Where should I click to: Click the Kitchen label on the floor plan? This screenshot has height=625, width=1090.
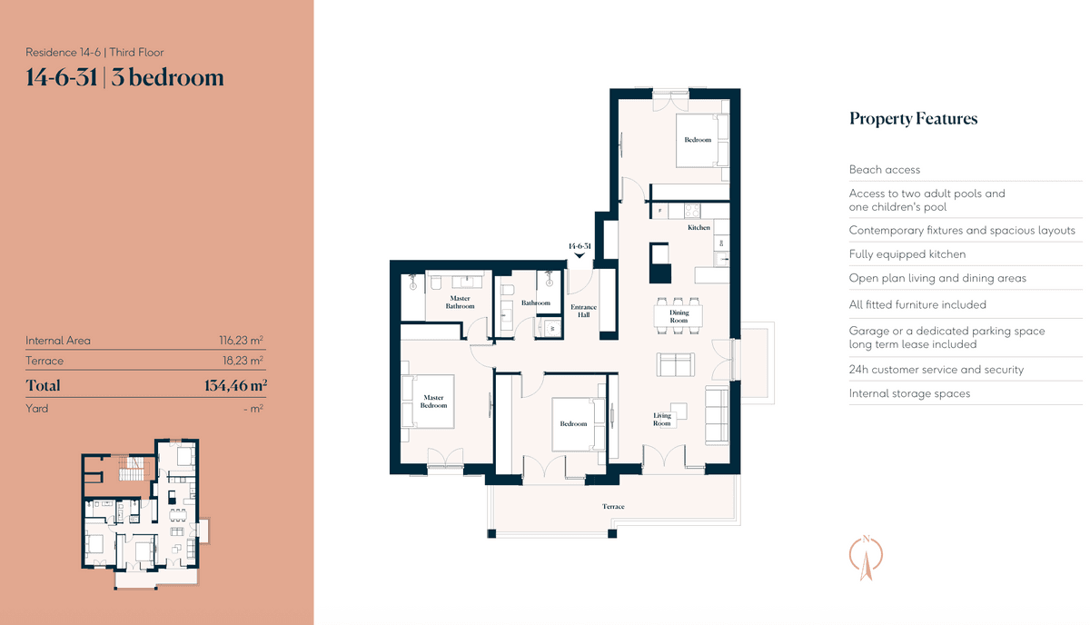click(x=699, y=227)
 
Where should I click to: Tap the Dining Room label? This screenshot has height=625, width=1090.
click(x=679, y=316)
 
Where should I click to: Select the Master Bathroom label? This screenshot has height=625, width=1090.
click(x=460, y=303)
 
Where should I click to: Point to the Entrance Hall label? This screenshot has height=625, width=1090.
click(x=583, y=311)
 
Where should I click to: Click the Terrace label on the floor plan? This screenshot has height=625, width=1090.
click(x=613, y=506)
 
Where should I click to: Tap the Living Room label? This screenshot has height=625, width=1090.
click(x=662, y=419)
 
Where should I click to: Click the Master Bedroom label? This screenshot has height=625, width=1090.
click(x=433, y=402)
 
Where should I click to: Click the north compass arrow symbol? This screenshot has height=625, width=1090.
click(x=866, y=558)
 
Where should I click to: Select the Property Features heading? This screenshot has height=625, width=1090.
click(x=914, y=118)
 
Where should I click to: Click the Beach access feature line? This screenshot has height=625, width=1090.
click(x=885, y=169)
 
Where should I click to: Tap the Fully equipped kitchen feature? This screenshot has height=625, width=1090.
click(x=907, y=254)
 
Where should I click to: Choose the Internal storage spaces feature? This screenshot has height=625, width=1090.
click(x=909, y=393)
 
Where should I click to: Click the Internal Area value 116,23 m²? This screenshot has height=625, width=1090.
click(x=241, y=340)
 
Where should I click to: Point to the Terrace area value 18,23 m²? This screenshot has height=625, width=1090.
click(x=243, y=361)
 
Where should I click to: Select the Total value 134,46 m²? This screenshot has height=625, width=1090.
click(x=235, y=385)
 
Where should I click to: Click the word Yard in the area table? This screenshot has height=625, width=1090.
click(x=36, y=409)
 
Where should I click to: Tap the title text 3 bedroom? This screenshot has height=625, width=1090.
click(x=167, y=78)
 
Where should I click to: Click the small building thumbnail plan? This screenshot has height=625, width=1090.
click(x=146, y=514)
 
